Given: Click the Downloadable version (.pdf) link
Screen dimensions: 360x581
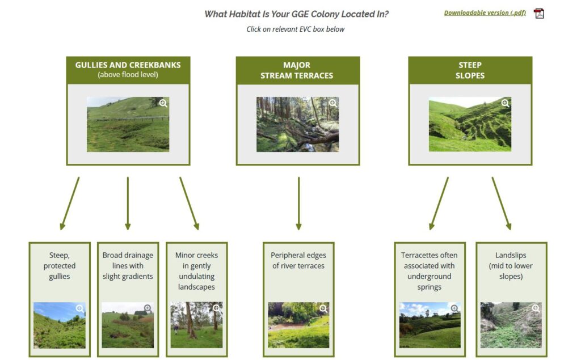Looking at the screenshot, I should tap(485, 13).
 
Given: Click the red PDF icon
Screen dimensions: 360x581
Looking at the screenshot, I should tap(538, 14).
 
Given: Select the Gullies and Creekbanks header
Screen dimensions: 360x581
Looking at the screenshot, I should tap(128, 70).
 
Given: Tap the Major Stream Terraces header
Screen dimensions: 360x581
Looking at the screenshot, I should tap(297, 70).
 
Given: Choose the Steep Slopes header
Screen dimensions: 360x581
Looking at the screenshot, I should tap(470, 70).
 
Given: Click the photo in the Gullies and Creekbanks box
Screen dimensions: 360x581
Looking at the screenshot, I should tap(128, 124).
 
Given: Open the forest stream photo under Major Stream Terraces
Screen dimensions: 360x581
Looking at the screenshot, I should tap(297, 124).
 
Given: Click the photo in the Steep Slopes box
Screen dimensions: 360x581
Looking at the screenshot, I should tap(470, 124).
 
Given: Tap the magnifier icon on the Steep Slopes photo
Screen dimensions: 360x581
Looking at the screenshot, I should tap(505, 103).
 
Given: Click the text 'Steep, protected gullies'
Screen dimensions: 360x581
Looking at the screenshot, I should tap(60, 266).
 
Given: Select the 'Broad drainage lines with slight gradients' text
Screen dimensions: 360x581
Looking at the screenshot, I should tap(128, 266).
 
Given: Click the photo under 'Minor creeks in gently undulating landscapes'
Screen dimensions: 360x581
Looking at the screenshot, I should tap(196, 325).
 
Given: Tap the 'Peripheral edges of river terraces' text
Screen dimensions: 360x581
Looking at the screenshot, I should tap(298, 261).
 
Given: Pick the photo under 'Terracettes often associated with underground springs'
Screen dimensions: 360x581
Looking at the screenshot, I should tap(430, 325).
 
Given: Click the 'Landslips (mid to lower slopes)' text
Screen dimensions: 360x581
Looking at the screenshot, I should tap(511, 266).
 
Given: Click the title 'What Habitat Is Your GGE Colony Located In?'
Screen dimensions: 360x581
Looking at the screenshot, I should tap(296, 14).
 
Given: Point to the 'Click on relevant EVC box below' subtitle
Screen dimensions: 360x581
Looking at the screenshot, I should tap(295, 29).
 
